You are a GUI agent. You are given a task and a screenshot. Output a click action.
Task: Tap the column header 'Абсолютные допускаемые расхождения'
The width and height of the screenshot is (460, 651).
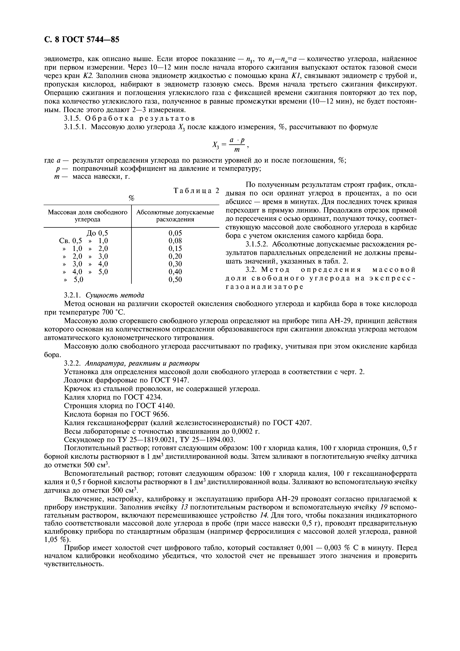[175, 216]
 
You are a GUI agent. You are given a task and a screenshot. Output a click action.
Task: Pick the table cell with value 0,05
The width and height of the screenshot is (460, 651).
[175, 233]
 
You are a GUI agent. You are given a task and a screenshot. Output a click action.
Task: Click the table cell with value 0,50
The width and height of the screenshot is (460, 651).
[175, 280]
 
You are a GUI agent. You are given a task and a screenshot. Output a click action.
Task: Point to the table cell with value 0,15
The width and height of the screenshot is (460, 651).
[175, 249]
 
